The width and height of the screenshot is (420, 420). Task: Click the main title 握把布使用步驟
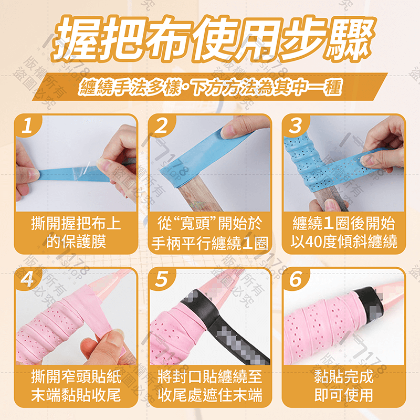pyautogui.click(x=210, y=39)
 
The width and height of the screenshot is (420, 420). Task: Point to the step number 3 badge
pyautogui.click(x=296, y=125)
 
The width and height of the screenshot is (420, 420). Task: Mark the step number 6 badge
pyautogui.click(x=296, y=279)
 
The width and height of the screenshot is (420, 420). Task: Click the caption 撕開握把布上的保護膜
pyautogui.click(x=76, y=233)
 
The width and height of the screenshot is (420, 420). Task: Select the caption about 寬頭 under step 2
pyautogui.click(x=210, y=233)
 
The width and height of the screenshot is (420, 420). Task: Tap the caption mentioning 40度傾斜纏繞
pyautogui.click(x=344, y=233)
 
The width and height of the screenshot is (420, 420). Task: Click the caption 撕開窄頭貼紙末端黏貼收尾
pyautogui.click(x=76, y=386)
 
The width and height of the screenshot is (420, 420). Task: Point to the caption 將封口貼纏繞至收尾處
pyautogui.click(x=210, y=386)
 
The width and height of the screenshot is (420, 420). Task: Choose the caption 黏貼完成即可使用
pyautogui.click(x=344, y=386)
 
